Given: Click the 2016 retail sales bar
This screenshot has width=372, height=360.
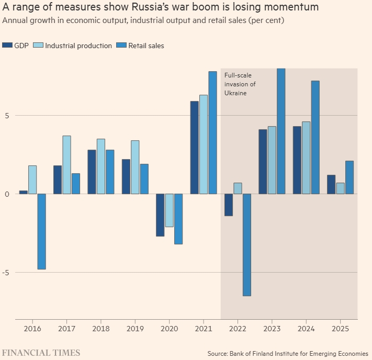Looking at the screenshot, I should coord(41,231).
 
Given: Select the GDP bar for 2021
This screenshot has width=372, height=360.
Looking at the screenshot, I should coord(194,148).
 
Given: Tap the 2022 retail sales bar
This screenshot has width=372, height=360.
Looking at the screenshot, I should coord(246,244).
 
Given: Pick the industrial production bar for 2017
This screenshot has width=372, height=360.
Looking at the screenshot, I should coord(66,165).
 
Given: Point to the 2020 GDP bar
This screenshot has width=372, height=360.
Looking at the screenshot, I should coord(160,215).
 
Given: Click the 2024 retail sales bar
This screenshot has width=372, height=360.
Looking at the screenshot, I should coord(315,137).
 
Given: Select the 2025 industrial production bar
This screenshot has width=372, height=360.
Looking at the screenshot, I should coord(340,188).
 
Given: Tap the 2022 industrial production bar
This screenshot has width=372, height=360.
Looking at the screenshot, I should coord(238,188).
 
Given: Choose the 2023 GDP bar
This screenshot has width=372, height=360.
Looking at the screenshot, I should coord(263,162).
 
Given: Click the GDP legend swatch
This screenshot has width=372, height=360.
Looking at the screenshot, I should coord(7,46).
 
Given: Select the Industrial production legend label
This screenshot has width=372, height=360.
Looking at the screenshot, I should coord(78,46).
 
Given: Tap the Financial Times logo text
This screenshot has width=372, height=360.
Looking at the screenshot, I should coord(41,353).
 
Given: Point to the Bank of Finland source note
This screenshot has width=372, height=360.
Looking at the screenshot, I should coord(288,353).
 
